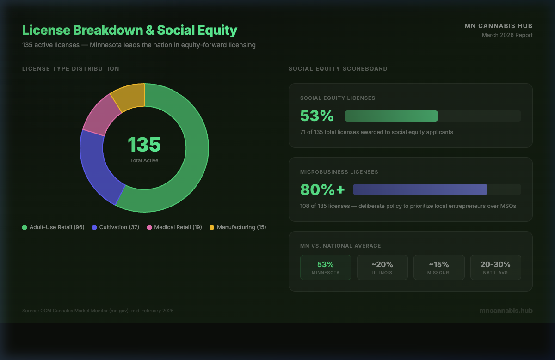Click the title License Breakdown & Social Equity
coord(129,31)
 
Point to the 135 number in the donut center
coord(144,145)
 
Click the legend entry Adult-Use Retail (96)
coord(53,227)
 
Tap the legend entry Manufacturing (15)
coord(238,227)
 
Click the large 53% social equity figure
coord(317,116)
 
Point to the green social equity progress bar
coord(391,116)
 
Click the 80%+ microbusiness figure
coord(322,189)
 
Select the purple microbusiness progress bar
coord(420,189)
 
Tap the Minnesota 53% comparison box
coord(326,267)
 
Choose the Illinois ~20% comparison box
coord(382,267)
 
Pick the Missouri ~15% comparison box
coord(438,267)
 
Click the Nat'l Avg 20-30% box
coord(495,267)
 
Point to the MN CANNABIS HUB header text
coord(499,26)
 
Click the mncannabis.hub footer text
coord(506,311)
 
